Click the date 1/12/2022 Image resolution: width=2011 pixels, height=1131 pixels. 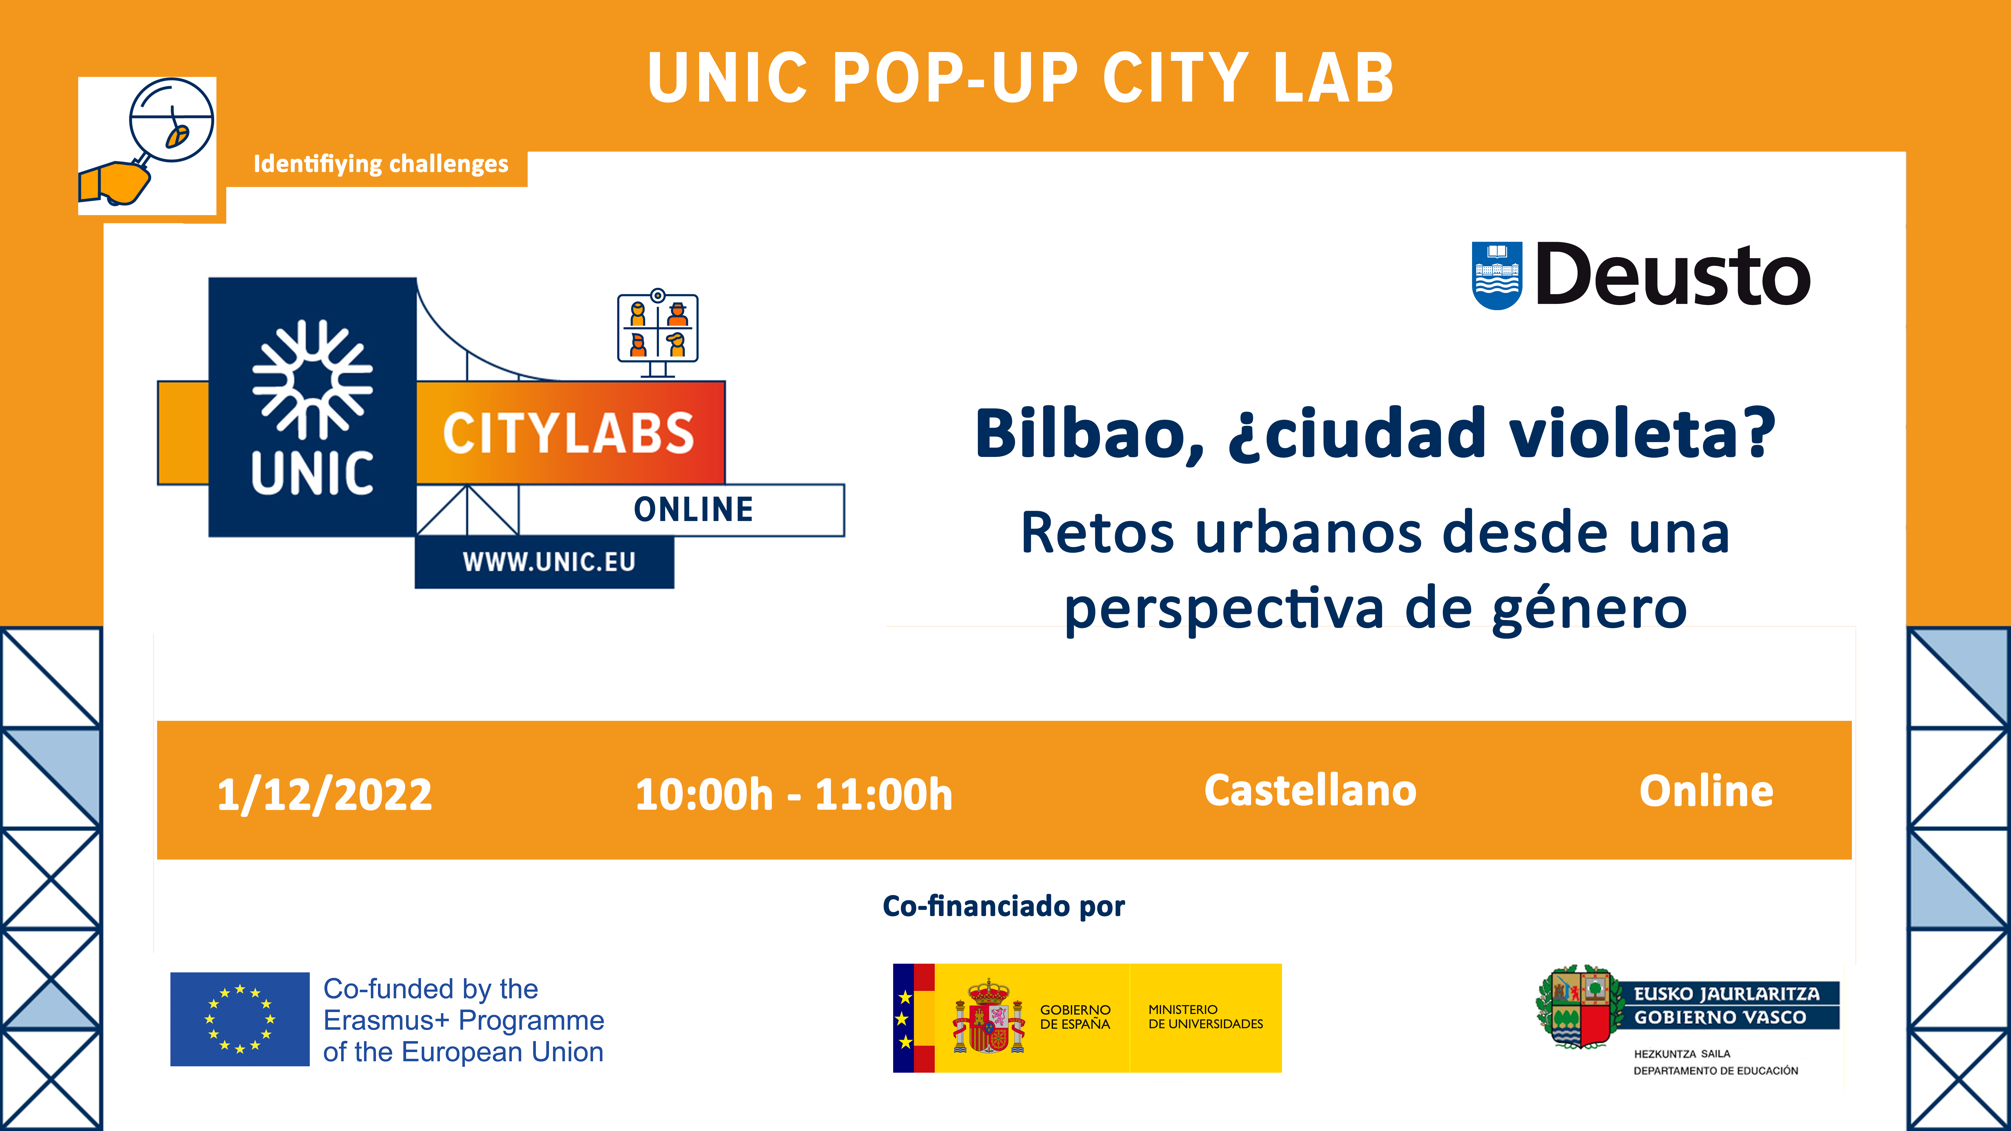point(324,794)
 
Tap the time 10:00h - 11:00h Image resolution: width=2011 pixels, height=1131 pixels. point(794,794)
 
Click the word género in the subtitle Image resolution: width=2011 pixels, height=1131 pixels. point(1589,609)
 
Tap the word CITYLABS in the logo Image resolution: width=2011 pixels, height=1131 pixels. point(568,433)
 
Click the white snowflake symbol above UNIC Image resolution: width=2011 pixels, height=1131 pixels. point(312,379)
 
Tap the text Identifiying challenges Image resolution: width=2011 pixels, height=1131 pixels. point(381,164)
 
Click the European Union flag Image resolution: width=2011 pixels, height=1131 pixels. point(240,1019)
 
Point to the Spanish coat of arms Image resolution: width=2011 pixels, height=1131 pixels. point(988,1017)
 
